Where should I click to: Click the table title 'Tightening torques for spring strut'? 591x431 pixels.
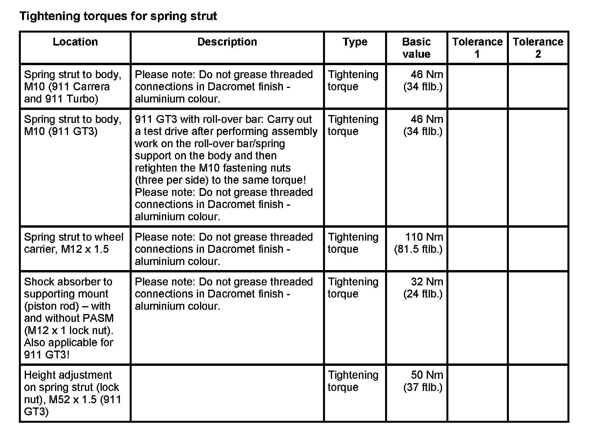(x=118, y=16)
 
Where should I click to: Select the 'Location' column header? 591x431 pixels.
(x=75, y=42)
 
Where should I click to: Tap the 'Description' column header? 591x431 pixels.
(x=227, y=42)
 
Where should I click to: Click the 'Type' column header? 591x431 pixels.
(x=354, y=42)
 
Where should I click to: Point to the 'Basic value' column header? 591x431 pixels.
(x=416, y=48)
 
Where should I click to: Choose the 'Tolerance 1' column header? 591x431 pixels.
(x=477, y=48)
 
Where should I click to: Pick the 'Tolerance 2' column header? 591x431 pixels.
(x=538, y=48)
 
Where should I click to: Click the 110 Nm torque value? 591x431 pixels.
(x=424, y=237)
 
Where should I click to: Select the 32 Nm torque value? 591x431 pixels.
(x=427, y=282)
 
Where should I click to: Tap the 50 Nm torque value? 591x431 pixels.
(x=427, y=375)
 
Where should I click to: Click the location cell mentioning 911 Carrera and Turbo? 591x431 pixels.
(x=73, y=87)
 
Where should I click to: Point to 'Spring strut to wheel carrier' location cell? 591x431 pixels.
(x=73, y=243)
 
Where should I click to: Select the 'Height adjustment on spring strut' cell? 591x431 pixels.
(x=72, y=393)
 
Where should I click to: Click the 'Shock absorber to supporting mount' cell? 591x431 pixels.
(x=69, y=318)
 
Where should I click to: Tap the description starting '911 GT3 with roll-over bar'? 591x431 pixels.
(x=226, y=168)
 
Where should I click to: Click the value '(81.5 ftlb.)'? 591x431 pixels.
(x=418, y=249)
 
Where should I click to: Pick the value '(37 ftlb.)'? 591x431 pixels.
(x=423, y=387)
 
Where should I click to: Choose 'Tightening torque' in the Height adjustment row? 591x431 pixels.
(x=353, y=381)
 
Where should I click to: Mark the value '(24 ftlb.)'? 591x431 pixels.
(x=423, y=294)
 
